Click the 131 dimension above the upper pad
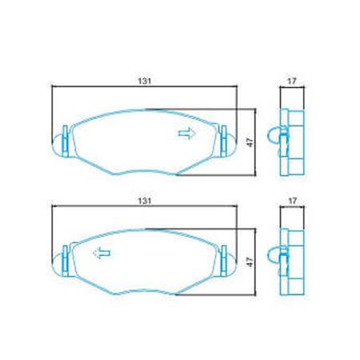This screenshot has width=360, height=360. tap(145, 80)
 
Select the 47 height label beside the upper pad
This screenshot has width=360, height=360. tap(249, 141)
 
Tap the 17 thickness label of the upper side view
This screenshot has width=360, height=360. tap(292, 80)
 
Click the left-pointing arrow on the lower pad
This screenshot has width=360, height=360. tap(102, 254)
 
